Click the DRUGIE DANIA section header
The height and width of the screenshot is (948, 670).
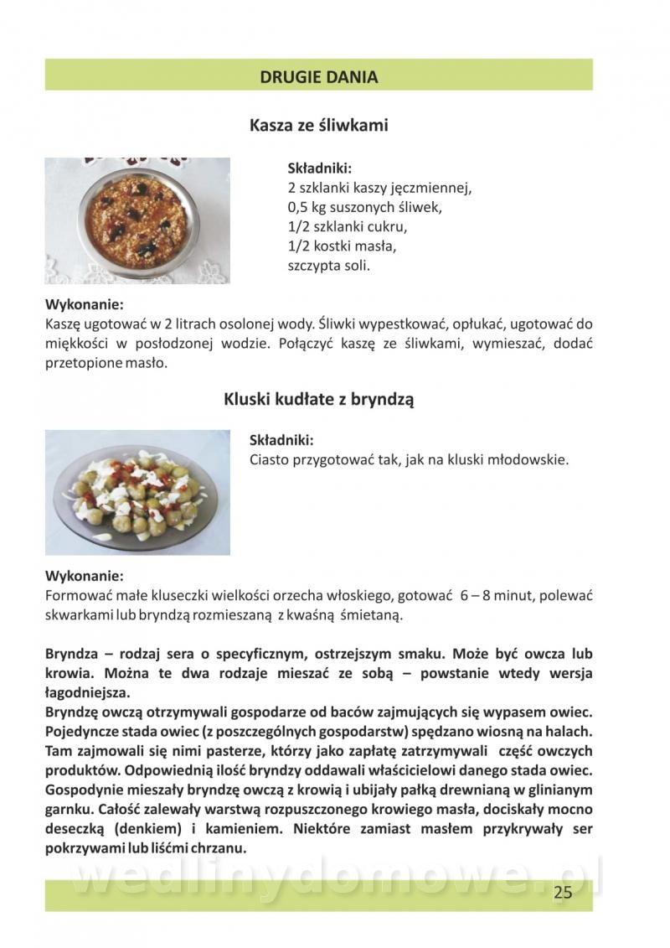[318, 77]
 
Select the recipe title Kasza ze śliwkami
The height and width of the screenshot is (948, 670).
[318, 126]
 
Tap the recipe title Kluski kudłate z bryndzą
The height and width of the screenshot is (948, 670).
[318, 400]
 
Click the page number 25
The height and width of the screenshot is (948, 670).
[563, 892]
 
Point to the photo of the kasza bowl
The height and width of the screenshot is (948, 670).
[137, 220]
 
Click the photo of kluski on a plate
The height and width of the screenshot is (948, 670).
[137, 492]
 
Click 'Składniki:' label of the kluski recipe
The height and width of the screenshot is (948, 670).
[281, 439]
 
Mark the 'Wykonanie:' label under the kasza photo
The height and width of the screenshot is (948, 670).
[84, 303]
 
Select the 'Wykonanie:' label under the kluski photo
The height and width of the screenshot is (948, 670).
[84, 576]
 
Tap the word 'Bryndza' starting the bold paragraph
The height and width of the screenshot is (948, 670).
[70, 654]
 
